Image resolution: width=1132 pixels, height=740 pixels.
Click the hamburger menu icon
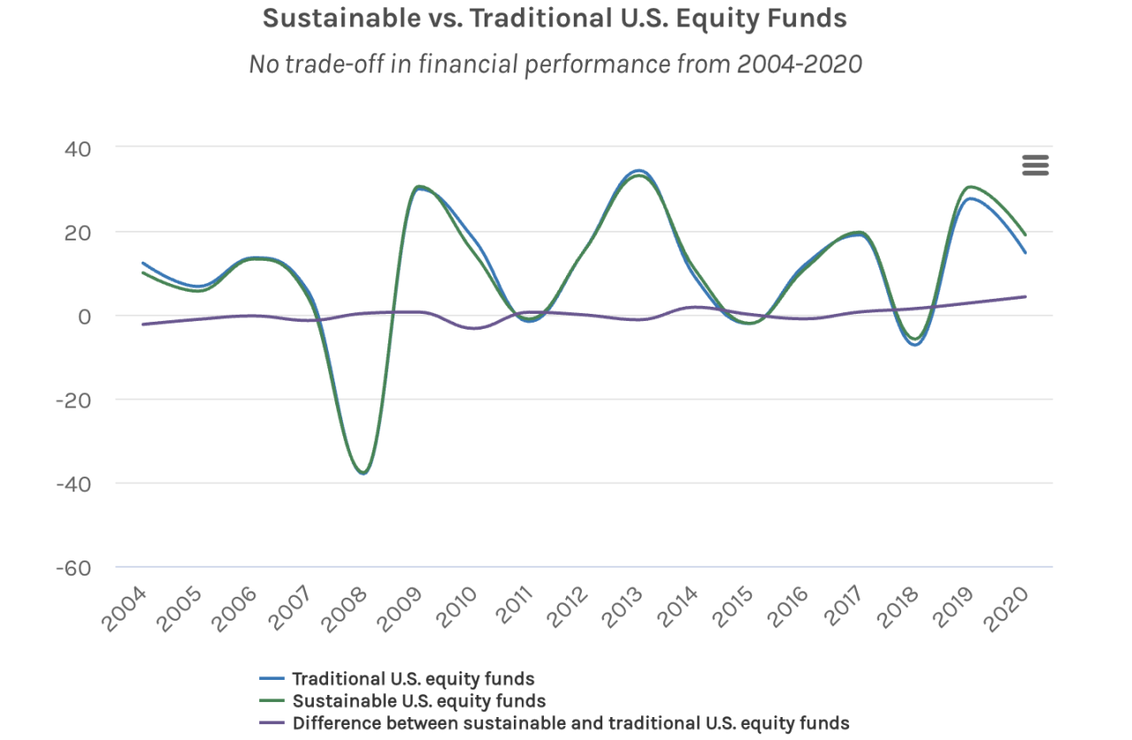(x=1035, y=165)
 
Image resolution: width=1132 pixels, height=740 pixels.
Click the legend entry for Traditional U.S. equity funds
(x=412, y=679)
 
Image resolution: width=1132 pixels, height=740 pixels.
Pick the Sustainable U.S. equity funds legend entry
(x=417, y=701)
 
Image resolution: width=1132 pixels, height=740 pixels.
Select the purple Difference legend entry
(x=570, y=723)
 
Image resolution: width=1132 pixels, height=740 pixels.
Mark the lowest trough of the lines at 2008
(x=363, y=473)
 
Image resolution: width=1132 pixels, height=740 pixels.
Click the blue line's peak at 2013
(x=639, y=171)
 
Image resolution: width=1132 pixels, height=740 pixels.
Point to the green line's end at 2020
(x=1025, y=234)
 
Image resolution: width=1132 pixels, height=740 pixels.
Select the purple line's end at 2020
(x=1025, y=297)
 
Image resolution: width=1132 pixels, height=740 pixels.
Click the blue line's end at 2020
(x=1025, y=253)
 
